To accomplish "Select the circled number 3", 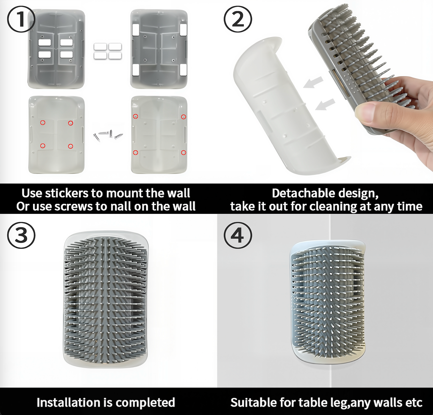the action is click(x=21, y=235).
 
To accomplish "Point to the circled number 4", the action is click(x=238, y=235).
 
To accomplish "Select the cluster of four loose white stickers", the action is click(x=108, y=51).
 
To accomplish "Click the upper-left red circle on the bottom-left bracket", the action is click(x=43, y=122).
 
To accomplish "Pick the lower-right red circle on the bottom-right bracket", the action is click(x=183, y=153).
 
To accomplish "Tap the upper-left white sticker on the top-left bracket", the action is click(x=45, y=42).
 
